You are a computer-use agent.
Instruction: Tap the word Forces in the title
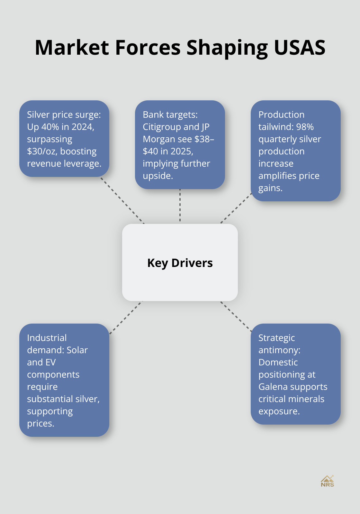coord(148,48)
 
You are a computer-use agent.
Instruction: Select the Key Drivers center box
coord(180,262)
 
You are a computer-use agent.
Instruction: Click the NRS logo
coord(327,481)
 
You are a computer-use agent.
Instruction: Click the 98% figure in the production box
coord(305,127)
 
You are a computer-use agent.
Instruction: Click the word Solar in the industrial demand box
coord(77,350)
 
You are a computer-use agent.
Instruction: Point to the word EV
coord(51,363)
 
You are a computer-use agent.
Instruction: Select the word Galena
coord(273,387)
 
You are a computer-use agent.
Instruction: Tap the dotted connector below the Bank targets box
coord(180,206)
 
